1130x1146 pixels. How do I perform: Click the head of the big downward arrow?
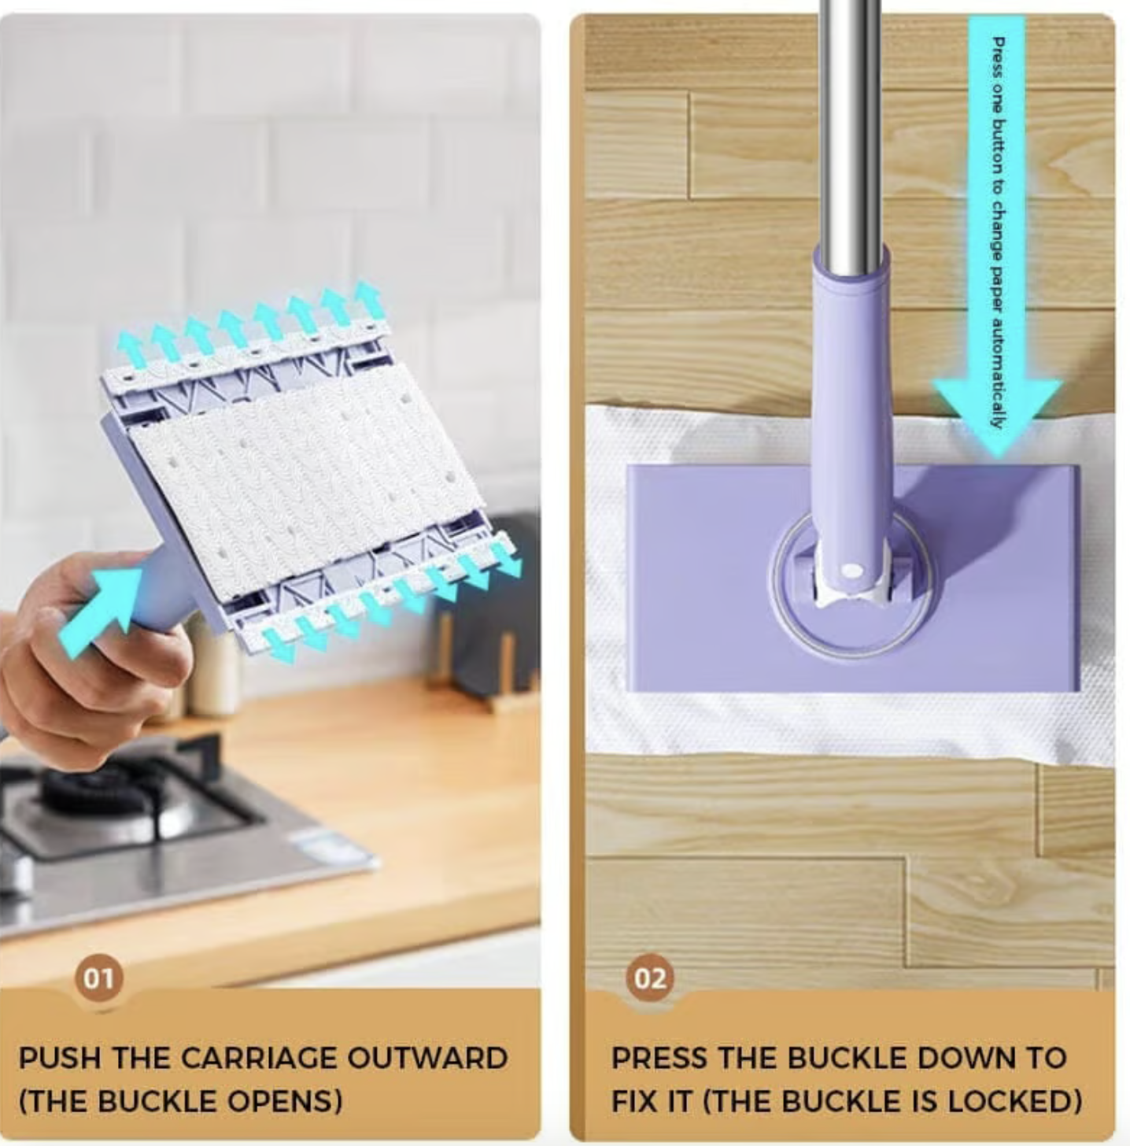pyautogui.click(x=997, y=417)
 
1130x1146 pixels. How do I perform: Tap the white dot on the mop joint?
pyautogui.click(x=854, y=571)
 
